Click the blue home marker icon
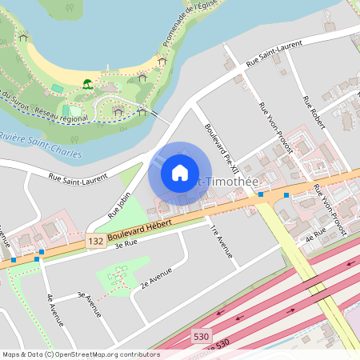pyautogui.click(x=180, y=173)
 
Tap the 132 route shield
pyautogui.click(x=95, y=240)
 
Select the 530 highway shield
pyautogui.click(x=202, y=339)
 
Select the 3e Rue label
pyautogui.click(x=126, y=243)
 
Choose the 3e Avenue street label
pyautogui.click(x=89, y=303)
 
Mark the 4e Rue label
pyautogui.click(x=317, y=233)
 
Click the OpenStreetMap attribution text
pyautogui.click(x=80, y=354)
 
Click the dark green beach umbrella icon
pyautogui.click(x=87, y=82)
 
